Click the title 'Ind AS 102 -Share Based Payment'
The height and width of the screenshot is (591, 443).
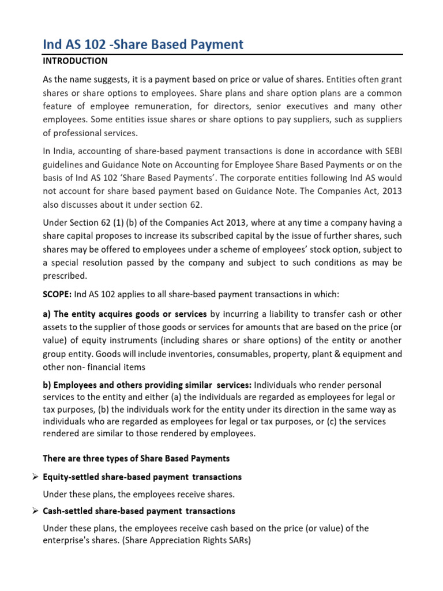coord(144,44)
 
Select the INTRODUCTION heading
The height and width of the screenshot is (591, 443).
coord(76,61)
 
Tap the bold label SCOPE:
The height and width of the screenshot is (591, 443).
coord(58,294)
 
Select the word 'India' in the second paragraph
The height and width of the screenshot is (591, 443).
coord(64,151)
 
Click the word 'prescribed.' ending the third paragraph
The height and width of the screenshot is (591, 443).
coord(65,275)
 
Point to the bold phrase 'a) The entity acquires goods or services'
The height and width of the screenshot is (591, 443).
coord(125,314)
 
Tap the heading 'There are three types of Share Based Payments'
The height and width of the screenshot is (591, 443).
coord(136,458)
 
